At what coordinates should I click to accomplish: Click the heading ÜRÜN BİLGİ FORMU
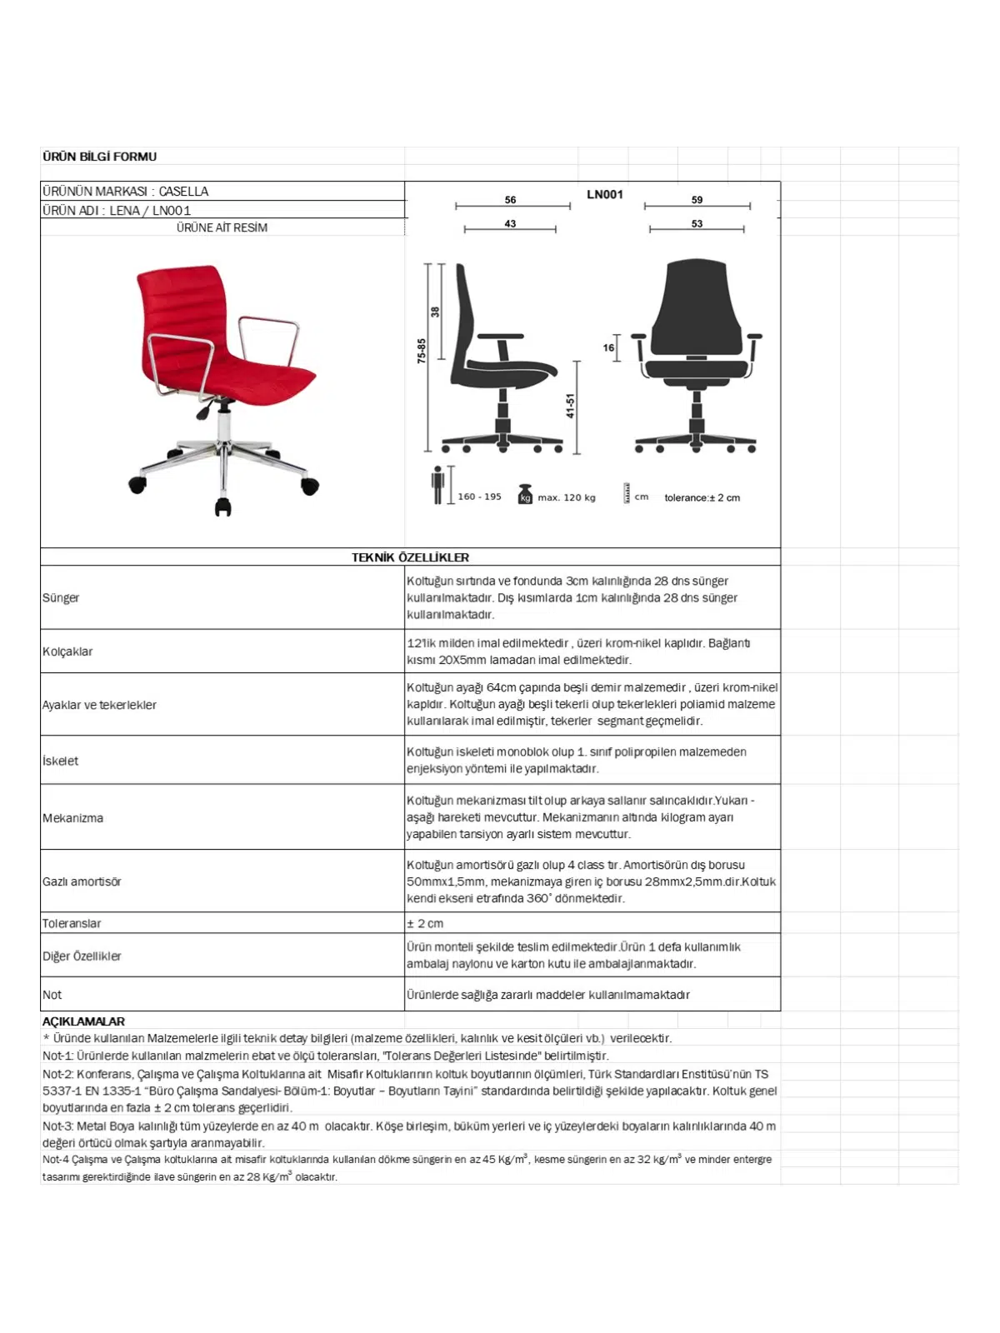[99, 157]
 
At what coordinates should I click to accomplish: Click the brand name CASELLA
[183, 192]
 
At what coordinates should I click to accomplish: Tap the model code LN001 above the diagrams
[605, 195]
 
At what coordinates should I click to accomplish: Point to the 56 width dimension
[510, 200]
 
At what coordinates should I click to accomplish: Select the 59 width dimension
[697, 200]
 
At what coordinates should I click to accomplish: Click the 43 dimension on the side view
[510, 224]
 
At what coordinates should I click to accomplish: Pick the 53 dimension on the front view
[697, 224]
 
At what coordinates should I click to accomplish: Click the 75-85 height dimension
[422, 350]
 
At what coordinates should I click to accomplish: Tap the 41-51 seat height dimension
[571, 406]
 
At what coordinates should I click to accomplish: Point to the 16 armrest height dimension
[608, 348]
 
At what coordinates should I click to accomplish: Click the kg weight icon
[525, 494]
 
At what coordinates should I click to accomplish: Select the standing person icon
[437, 485]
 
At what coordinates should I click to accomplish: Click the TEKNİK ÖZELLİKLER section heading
[410, 557]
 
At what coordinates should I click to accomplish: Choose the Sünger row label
[61, 598]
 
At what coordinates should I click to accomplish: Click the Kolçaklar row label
[67, 652]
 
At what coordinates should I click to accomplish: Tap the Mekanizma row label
[72, 818]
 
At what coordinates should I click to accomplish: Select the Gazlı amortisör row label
[82, 881]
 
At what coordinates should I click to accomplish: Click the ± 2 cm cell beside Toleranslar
[425, 923]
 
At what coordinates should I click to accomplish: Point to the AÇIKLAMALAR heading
[83, 1021]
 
